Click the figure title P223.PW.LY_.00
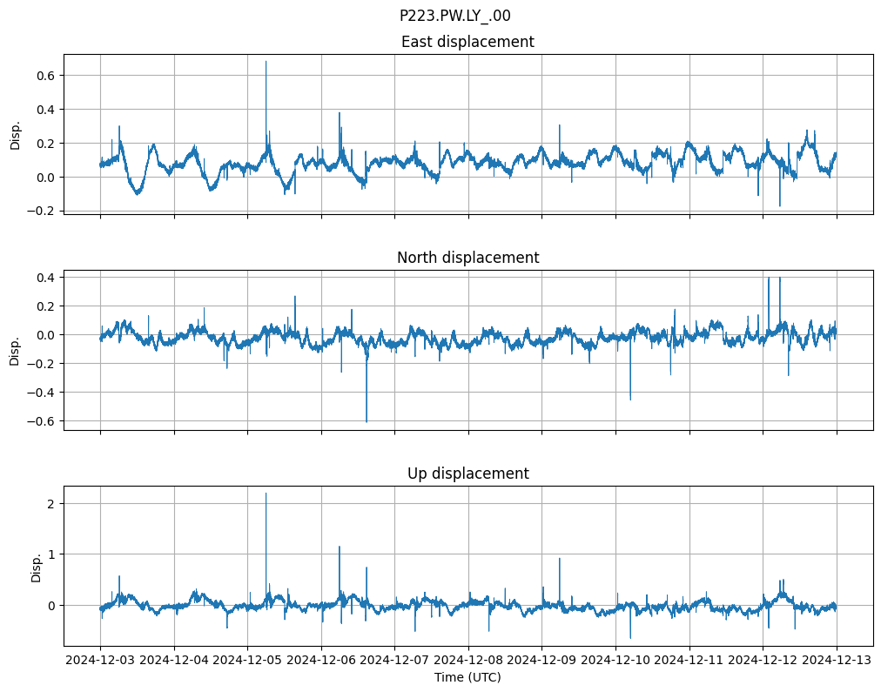[x=454, y=16]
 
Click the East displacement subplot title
[x=467, y=42]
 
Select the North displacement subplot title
[x=467, y=258]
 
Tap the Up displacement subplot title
[x=467, y=474]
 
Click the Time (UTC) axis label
[x=467, y=677]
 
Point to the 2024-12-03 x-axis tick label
[x=101, y=661]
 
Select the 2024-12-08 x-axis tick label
[x=468, y=661]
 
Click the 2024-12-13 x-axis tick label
[x=837, y=661]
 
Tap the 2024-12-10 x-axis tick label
[x=615, y=661]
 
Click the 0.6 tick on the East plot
[x=45, y=76]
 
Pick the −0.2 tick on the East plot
[x=42, y=211]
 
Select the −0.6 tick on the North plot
[x=42, y=421]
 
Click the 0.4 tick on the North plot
[x=45, y=278]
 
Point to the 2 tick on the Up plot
[x=51, y=504]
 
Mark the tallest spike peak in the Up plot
[x=266, y=494]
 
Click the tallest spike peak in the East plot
[x=266, y=61]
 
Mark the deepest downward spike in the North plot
[x=367, y=422]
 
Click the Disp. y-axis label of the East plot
[x=16, y=134]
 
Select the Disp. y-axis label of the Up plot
[x=37, y=566]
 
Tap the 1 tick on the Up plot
[x=51, y=554]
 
